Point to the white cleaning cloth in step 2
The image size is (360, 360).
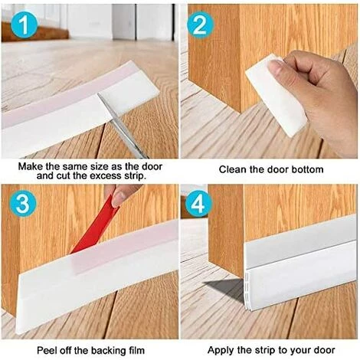(x=272, y=92)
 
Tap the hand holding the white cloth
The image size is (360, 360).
(x=322, y=92)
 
